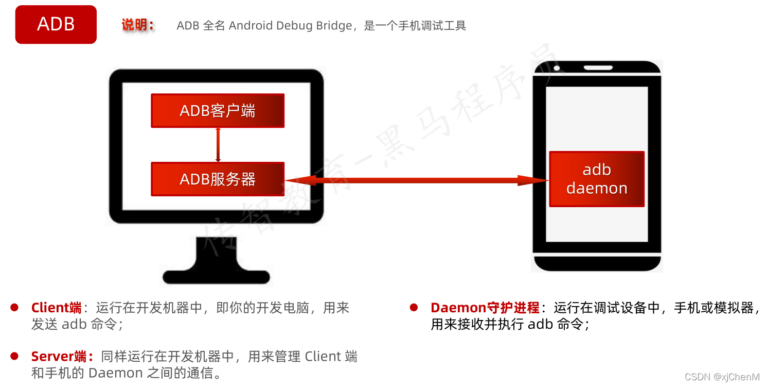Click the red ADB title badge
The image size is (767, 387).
[x=56, y=24]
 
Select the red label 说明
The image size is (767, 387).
[x=137, y=25]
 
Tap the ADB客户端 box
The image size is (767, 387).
[x=218, y=111]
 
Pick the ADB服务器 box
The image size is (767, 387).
[x=218, y=179]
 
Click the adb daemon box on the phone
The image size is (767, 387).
[x=597, y=179]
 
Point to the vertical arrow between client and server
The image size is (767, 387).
[x=218, y=145]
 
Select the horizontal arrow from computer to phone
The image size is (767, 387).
[x=417, y=180]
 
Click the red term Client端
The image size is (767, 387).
[x=57, y=308]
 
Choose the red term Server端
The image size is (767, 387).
[x=62, y=356]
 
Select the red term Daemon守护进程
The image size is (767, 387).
[x=485, y=308]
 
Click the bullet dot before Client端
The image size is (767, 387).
[x=14, y=308]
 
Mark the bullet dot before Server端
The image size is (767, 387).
[x=14, y=356]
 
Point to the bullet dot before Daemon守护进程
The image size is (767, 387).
[x=414, y=308]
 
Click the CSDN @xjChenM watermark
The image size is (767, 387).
[x=722, y=377]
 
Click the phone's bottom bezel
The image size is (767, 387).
[x=597, y=263]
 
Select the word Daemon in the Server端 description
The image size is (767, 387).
[x=109, y=373]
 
